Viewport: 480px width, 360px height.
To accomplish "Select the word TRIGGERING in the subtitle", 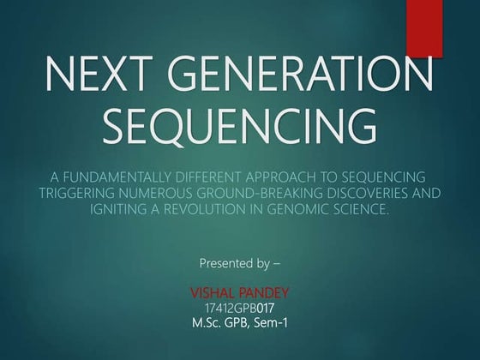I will coord(80,193).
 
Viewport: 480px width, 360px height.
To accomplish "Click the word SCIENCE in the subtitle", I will coord(363,209).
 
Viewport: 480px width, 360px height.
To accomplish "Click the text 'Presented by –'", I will coord(240,259).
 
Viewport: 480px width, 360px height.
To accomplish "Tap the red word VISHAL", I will coord(212,291).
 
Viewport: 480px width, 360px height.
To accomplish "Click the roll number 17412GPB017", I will coord(240,307).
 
